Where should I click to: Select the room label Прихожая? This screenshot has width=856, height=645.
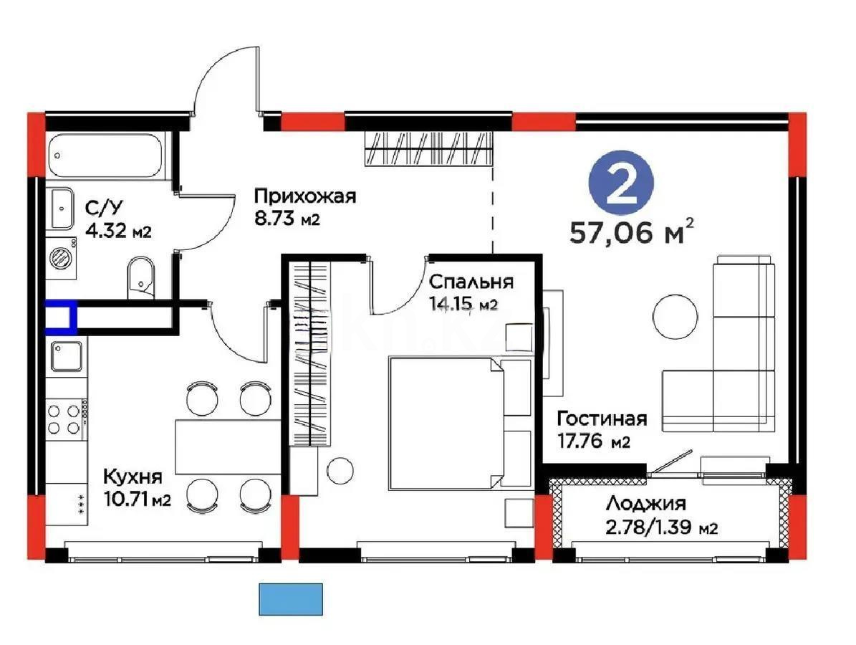click(304, 196)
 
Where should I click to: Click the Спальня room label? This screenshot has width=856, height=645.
click(471, 281)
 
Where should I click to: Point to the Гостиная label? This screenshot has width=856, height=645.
click(602, 419)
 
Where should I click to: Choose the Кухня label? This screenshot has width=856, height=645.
click(133, 477)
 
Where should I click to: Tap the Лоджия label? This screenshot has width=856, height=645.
click(645, 505)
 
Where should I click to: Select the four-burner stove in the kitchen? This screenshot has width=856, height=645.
click(64, 419)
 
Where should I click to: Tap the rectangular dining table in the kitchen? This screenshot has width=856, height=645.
click(228, 447)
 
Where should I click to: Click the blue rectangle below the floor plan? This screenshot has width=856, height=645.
click(290, 599)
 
